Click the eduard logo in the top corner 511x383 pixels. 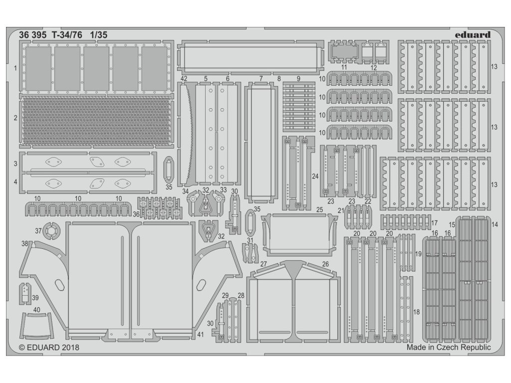coord(473,35)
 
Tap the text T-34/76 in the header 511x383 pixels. coord(67,35)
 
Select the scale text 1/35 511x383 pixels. coord(99,35)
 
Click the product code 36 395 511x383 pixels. coord(34,35)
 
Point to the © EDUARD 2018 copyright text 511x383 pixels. coord(49,347)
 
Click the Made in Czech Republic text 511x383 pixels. coord(449,347)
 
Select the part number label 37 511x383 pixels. coord(38,230)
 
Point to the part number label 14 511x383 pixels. coord(495,224)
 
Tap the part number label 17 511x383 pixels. coord(435,222)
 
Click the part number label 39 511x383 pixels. coord(35,297)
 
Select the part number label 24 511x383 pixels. coord(315,176)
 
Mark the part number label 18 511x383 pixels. coord(417,312)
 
